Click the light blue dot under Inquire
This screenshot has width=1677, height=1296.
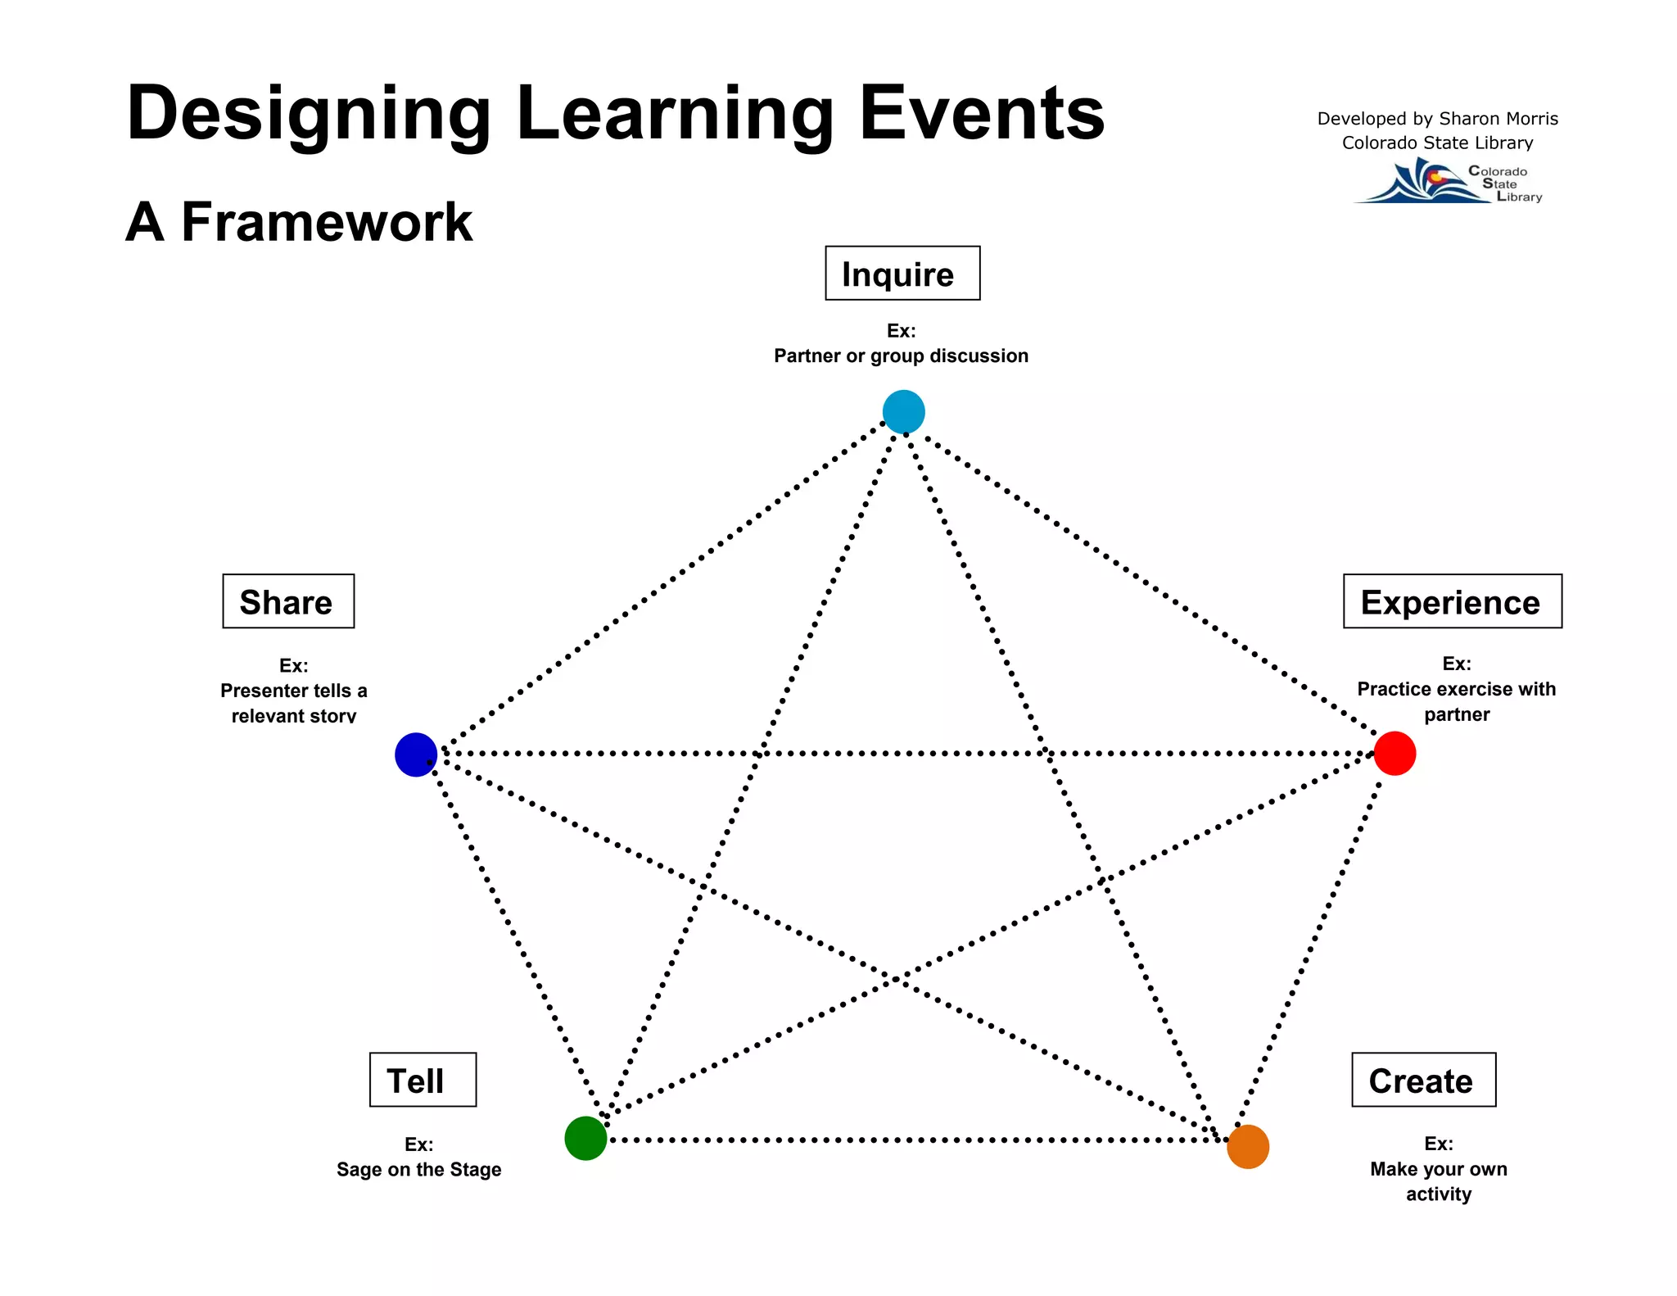tap(903, 412)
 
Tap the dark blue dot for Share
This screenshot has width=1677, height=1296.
tap(416, 754)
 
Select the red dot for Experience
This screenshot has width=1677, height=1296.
tap(1394, 754)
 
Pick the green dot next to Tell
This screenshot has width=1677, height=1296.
tap(585, 1138)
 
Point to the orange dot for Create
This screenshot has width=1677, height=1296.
tap(1248, 1146)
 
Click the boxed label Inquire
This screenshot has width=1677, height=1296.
tap(902, 274)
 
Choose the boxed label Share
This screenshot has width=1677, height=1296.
tap(288, 601)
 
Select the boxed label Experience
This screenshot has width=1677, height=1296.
tap(1452, 601)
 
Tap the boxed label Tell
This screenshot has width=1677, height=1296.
tap(423, 1080)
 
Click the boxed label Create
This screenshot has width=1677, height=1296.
tap(1423, 1080)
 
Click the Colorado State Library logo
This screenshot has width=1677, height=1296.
tap(1448, 182)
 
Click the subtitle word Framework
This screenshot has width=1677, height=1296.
tap(326, 222)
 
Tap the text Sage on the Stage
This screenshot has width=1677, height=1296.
tap(418, 1169)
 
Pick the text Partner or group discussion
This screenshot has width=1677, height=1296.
tap(901, 356)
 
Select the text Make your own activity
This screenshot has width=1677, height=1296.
tap(1438, 1180)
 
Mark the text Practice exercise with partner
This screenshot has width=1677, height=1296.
tap(1456, 701)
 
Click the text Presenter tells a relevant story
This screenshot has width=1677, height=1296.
tap(293, 703)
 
